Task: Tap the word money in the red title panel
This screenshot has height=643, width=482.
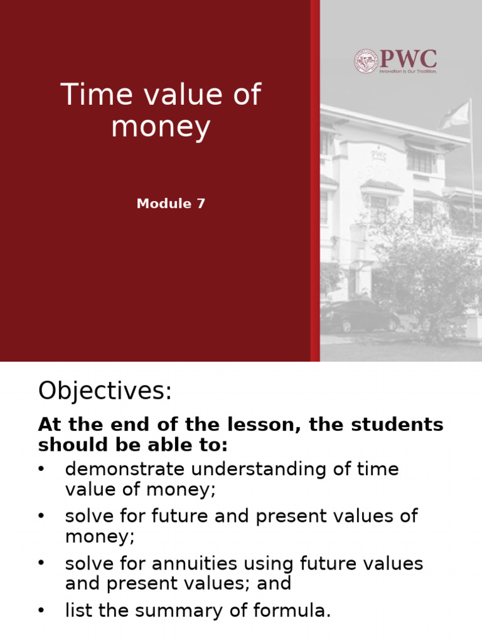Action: tap(161, 128)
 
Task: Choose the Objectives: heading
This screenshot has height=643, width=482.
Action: tap(105, 391)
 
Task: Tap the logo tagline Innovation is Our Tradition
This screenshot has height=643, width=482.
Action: tap(407, 72)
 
